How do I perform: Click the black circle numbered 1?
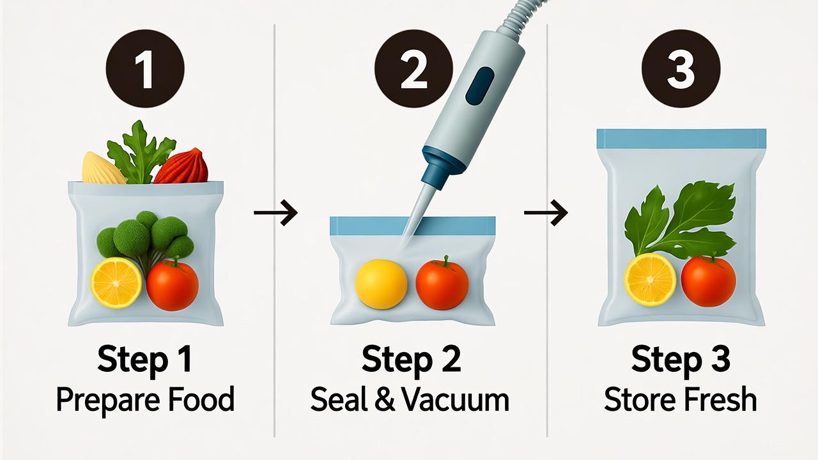[145, 68]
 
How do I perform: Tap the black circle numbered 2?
[413, 68]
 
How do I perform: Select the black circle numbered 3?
[681, 68]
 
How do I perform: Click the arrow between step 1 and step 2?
[275, 213]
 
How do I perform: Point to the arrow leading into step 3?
[546, 213]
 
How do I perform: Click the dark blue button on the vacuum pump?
[479, 86]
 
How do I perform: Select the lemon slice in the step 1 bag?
[116, 282]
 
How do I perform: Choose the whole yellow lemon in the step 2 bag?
[382, 284]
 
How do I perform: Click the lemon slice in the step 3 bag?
[650, 280]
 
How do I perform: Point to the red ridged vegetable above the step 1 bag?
[181, 167]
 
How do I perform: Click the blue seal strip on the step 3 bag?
[681, 139]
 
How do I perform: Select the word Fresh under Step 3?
[721, 399]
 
